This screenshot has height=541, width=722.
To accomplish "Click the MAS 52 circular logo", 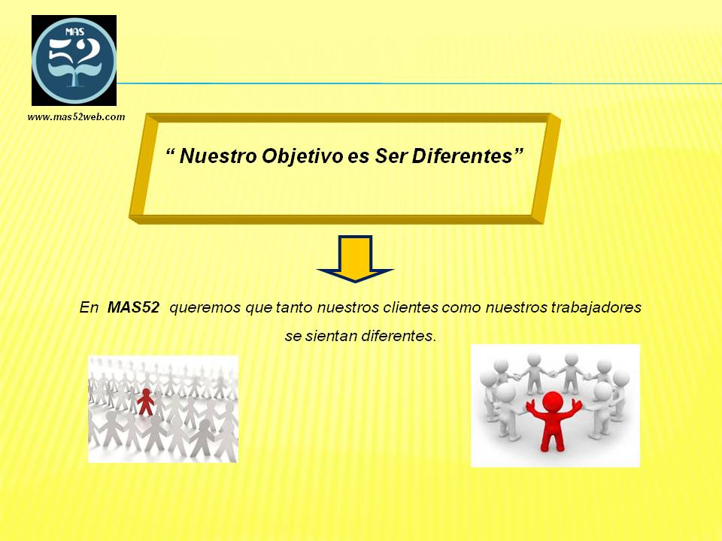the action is coord(74,60).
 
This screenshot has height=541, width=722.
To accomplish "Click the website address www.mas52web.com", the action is coord(77,117).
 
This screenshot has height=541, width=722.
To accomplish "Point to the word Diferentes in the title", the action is coord(462,156).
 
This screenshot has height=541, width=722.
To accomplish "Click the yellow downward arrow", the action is coord(355,258).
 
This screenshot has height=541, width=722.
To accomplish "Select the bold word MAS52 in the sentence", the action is coord(133,307).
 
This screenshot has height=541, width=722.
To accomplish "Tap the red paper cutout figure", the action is coord(146,401).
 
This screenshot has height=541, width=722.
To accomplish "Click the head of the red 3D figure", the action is coord(552,401).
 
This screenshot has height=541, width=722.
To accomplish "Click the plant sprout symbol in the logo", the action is coord(74,74).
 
